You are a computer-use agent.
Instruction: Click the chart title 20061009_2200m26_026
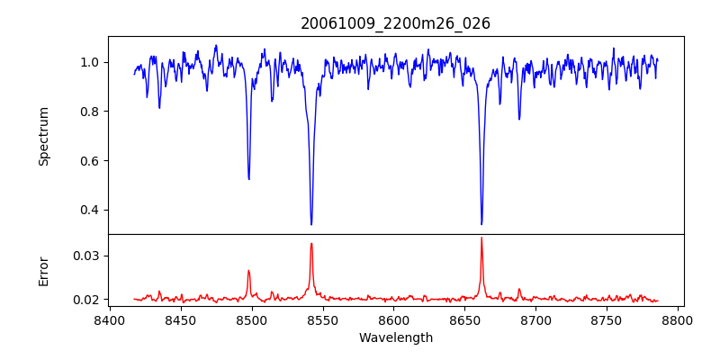click(x=395, y=23)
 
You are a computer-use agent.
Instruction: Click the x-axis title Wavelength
click(x=395, y=337)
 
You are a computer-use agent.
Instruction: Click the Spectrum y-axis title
click(x=44, y=136)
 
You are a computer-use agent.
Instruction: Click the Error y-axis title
click(x=44, y=271)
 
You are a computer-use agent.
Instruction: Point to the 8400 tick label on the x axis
click(x=109, y=319)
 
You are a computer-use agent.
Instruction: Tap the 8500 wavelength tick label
click(x=251, y=319)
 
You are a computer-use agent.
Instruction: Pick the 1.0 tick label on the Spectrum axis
click(x=89, y=62)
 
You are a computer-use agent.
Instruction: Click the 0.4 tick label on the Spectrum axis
click(x=89, y=210)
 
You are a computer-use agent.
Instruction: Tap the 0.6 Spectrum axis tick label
click(x=89, y=160)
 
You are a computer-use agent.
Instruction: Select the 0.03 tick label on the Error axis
click(x=85, y=256)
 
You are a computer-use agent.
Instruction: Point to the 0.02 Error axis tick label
click(x=85, y=299)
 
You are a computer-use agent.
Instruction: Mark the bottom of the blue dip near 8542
click(x=311, y=224)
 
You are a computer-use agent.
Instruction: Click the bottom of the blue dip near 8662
click(x=481, y=224)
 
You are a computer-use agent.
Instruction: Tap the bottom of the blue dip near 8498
click(x=249, y=179)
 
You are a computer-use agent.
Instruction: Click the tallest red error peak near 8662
click(x=481, y=238)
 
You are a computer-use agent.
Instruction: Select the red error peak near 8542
click(x=311, y=243)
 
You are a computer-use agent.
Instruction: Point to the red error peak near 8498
click(x=248, y=270)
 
